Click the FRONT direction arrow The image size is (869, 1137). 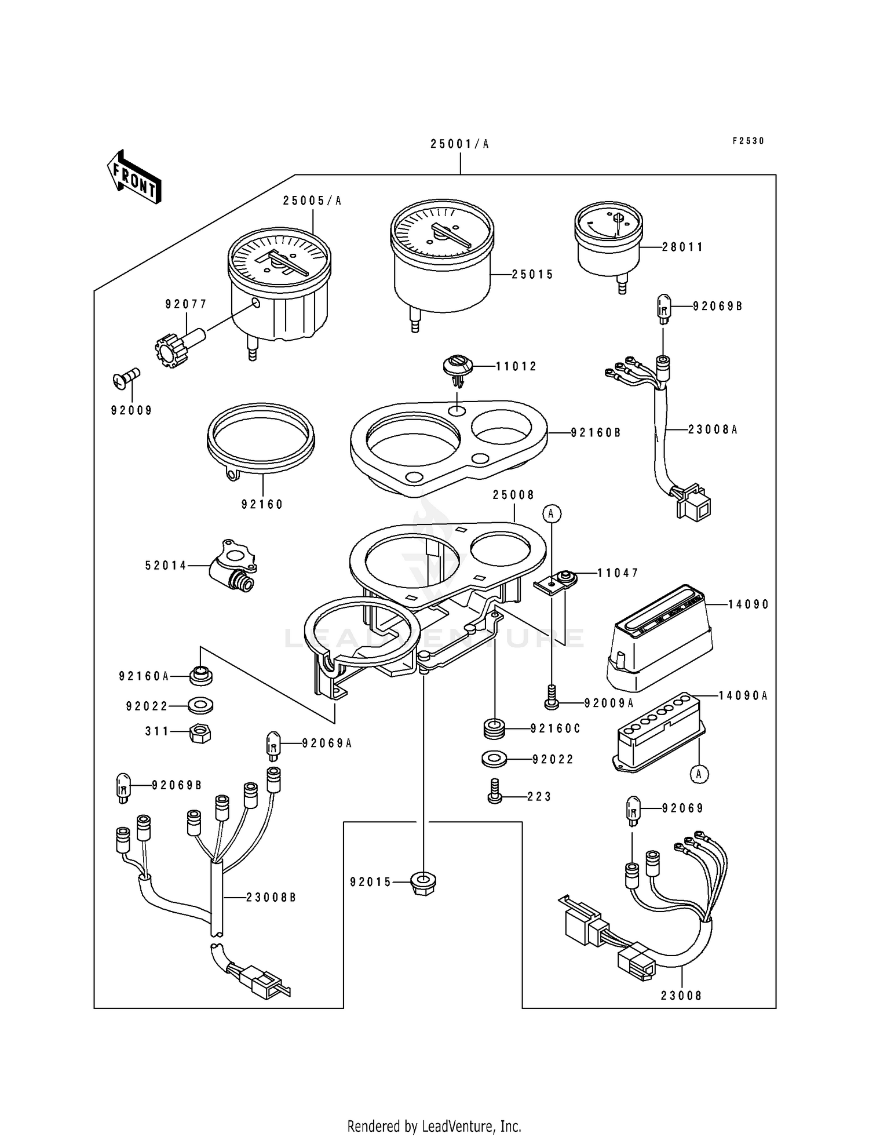(x=134, y=177)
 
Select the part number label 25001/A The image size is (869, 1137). (x=459, y=144)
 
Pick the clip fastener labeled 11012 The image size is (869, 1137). (x=458, y=369)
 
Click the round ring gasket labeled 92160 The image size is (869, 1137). (x=261, y=440)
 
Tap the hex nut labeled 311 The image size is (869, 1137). (x=200, y=734)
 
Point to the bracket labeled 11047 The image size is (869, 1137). (x=555, y=581)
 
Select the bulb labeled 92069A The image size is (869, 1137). (x=273, y=745)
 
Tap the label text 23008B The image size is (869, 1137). (x=271, y=897)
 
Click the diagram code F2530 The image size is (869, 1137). (x=748, y=141)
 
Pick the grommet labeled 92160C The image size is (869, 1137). (x=494, y=728)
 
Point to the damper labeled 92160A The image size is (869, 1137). (x=200, y=675)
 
